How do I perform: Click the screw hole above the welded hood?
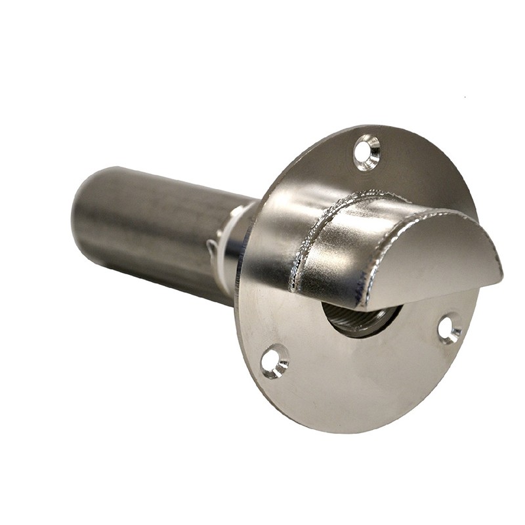point(366,152)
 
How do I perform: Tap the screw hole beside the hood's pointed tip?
point(450,329)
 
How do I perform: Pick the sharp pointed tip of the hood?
point(500,276)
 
